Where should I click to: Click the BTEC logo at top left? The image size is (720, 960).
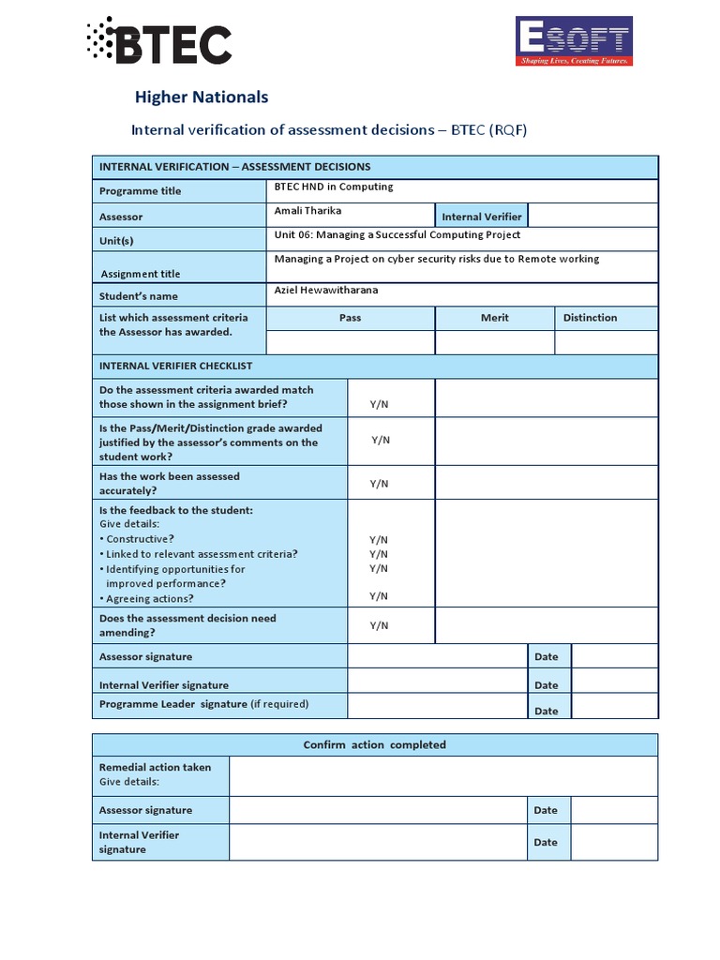click(159, 41)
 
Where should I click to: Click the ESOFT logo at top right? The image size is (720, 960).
click(574, 41)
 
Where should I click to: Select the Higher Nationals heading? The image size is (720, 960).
click(202, 97)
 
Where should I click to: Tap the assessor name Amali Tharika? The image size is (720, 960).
click(307, 211)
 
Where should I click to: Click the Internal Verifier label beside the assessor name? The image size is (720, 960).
click(482, 217)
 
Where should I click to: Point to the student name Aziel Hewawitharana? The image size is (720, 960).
click(326, 291)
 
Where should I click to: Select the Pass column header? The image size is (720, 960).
click(350, 318)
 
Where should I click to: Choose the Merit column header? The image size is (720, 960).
click(495, 318)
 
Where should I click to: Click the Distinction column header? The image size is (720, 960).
click(590, 318)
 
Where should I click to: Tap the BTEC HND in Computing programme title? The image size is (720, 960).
click(334, 187)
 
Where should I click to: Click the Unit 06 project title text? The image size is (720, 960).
click(397, 235)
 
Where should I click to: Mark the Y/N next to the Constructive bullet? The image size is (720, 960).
click(379, 540)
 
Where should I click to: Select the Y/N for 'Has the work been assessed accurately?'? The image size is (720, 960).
click(379, 484)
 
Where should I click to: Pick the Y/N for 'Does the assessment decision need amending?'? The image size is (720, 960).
click(379, 625)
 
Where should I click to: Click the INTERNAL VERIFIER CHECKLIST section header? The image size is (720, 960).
click(176, 366)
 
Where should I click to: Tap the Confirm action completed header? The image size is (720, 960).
click(375, 745)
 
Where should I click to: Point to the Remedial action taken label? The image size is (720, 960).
click(156, 767)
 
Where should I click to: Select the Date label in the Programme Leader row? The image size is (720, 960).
click(547, 711)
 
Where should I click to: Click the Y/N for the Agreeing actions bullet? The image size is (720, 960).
click(379, 596)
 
